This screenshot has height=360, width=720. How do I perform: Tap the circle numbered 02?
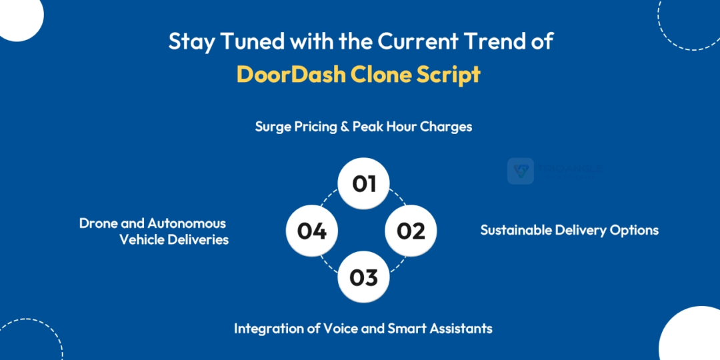click(x=411, y=231)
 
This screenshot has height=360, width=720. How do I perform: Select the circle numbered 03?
click(x=363, y=277)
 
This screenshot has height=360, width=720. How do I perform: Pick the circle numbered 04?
click(x=312, y=231)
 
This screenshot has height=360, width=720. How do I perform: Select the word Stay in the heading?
click(x=188, y=41)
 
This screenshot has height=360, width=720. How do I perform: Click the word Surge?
click(x=273, y=127)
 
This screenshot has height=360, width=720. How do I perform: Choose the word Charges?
click(x=446, y=127)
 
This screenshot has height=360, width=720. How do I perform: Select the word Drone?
click(x=98, y=223)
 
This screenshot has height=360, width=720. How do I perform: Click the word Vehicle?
click(x=142, y=239)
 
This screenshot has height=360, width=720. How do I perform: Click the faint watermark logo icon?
click(x=520, y=171)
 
